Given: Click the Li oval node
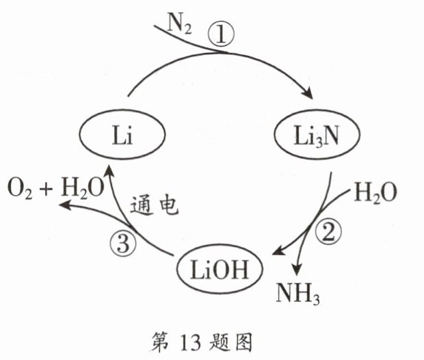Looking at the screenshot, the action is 122,135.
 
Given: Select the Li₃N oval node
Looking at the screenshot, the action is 317,135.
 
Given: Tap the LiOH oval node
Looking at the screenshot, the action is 220,269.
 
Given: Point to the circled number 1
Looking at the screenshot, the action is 221,35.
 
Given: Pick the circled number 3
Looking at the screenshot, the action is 123,244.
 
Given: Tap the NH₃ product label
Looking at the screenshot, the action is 297,294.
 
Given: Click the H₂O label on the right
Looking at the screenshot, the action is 375,193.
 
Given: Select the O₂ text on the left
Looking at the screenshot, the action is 19,188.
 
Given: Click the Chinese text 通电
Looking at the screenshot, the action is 155,206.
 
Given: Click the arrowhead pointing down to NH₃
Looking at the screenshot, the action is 297,270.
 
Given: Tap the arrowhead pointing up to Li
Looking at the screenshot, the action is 109,171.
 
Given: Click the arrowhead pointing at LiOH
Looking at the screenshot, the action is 280,250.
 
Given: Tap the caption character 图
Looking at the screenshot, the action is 243,343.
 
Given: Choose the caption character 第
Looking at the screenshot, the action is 159,343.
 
